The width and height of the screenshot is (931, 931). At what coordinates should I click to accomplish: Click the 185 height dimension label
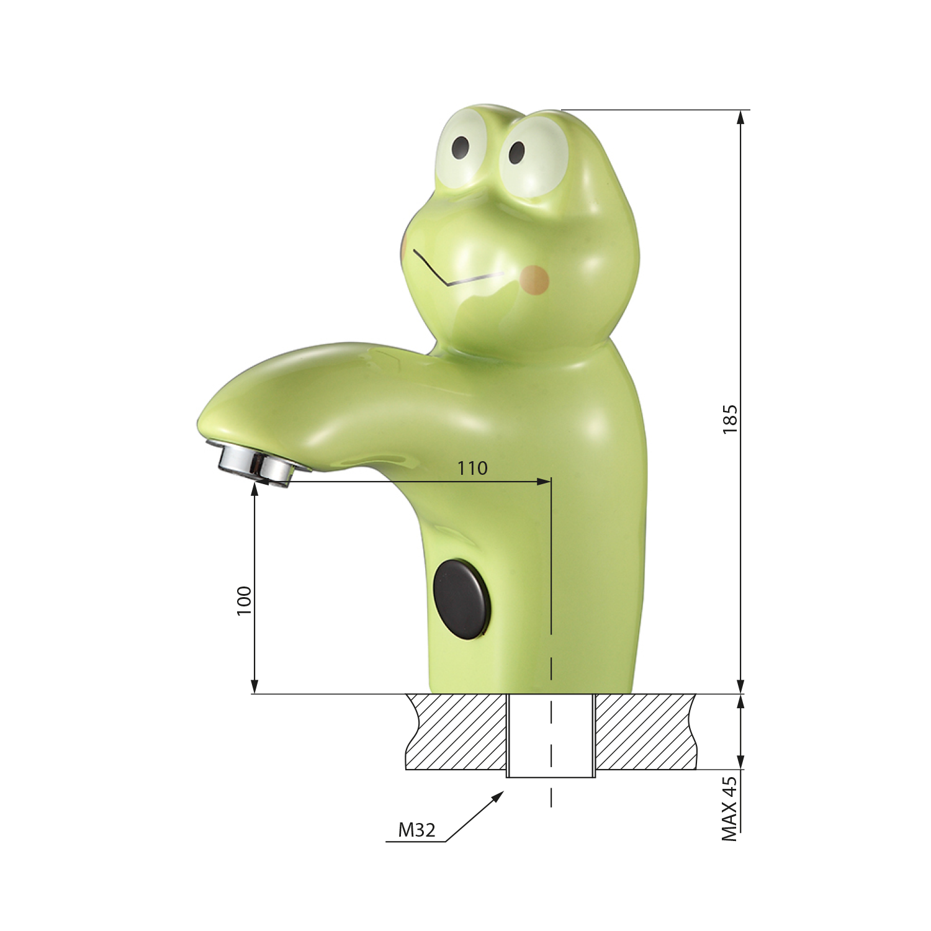coord(730,419)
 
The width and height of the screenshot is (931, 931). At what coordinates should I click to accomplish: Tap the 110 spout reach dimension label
coord(472,468)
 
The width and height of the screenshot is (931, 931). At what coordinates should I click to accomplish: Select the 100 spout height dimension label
coord(244,600)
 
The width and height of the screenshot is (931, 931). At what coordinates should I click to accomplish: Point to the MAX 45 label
coord(730,809)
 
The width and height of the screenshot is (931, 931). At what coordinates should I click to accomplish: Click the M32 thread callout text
coord(416,829)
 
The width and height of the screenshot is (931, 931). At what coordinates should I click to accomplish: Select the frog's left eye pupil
coord(461,147)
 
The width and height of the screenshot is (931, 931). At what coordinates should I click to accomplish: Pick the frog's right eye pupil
coord(517,152)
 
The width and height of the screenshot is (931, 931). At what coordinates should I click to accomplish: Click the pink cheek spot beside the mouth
coord(534,279)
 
